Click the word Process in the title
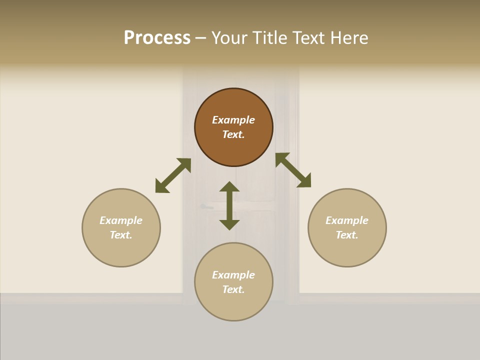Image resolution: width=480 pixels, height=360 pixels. (x=157, y=38)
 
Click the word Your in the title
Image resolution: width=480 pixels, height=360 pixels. (x=230, y=38)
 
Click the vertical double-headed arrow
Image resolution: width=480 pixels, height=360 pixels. (x=229, y=206)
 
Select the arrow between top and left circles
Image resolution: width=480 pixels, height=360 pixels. (x=173, y=175)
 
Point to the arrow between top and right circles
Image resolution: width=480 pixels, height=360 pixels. (x=293, y=170)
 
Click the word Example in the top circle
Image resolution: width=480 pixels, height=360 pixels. (x=233, y=120)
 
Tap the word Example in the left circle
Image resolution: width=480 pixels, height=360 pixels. (x=121, y=220)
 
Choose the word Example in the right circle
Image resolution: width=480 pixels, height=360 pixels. (x=347, y=220)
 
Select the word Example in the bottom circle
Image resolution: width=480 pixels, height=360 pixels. (x=233, y=275)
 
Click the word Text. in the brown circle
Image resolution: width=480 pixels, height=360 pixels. (x=233, y=134)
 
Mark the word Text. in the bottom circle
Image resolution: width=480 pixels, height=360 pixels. (x=233, y=289)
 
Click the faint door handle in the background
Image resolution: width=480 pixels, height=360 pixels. (x=205, y=206)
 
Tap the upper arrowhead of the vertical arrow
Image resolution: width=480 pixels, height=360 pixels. (x=229, y=187)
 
